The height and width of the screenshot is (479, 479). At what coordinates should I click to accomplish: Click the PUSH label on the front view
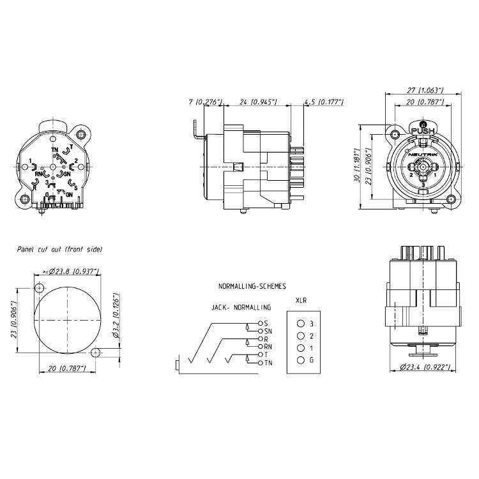423,131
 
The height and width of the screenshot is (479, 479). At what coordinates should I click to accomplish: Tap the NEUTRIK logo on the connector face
423,155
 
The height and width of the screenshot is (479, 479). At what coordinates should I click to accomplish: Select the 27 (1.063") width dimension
425,90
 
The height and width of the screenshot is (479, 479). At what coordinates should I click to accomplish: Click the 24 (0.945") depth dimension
258,102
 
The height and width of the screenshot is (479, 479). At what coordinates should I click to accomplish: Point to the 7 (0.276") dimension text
205,102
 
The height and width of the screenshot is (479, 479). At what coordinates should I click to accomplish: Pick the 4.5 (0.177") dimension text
324,102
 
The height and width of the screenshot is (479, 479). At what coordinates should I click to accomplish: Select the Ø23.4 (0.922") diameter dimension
425,367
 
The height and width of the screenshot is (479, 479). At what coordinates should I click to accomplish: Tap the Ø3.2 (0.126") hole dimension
116,316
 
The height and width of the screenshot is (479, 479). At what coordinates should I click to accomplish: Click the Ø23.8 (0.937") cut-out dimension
71,271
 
